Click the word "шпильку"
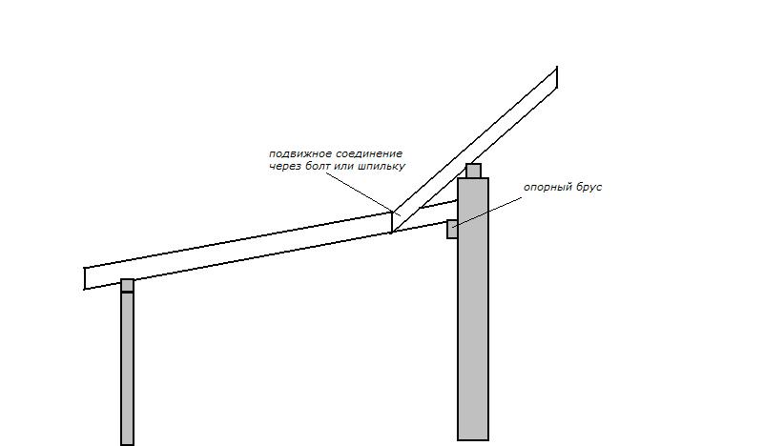click(382, 167)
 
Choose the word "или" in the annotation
click(342, 167)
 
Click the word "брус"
click(587, 188)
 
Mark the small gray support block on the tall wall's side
click(452, 229)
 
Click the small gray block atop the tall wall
click(473, 171)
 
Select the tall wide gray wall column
click(473, 309)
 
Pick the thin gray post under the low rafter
click(128, 369)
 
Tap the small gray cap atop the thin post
click(128, 286)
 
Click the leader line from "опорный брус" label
click(487, 212)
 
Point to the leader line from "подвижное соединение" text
click(363, 193)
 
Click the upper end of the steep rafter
click(557, 77)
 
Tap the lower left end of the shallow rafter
click(85, 278)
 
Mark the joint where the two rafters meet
click(392, 222)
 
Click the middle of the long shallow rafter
click(238, 251)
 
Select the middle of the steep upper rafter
click(474, 150)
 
